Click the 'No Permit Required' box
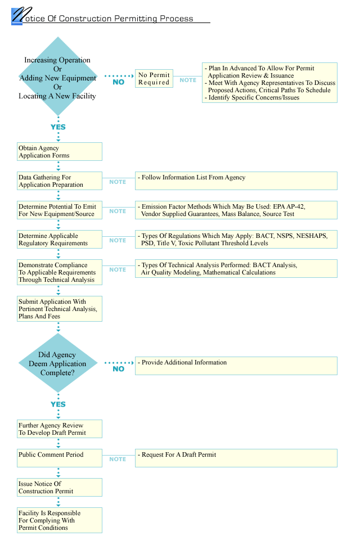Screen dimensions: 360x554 tap(154, 78)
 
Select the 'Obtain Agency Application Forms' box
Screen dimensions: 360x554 tap(60, 151)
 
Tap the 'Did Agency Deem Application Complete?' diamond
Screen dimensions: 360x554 tap(58, 363)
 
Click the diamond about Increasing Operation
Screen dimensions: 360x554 tap(58, 76)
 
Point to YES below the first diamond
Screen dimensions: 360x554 tap(58, 127)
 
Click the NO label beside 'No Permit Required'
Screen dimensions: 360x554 tap(118, 82)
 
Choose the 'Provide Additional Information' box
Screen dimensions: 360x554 tap(236, 366)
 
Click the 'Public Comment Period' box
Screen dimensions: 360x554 tap(60, 458)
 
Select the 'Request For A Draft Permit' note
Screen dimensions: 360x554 tap(236, 458)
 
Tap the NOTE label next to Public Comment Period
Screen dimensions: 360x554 tap(118, 459)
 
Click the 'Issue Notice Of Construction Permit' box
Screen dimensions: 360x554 tap(60, 487)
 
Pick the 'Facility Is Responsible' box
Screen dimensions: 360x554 tap(60, 520)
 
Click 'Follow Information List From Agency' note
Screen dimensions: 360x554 tap(236, 181)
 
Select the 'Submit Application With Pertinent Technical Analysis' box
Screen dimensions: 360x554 tap(60, 309)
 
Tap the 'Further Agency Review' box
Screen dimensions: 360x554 tap(60, 429)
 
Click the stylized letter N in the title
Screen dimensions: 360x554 tap(21, 15)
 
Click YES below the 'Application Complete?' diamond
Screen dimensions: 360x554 tap(58, 404)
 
